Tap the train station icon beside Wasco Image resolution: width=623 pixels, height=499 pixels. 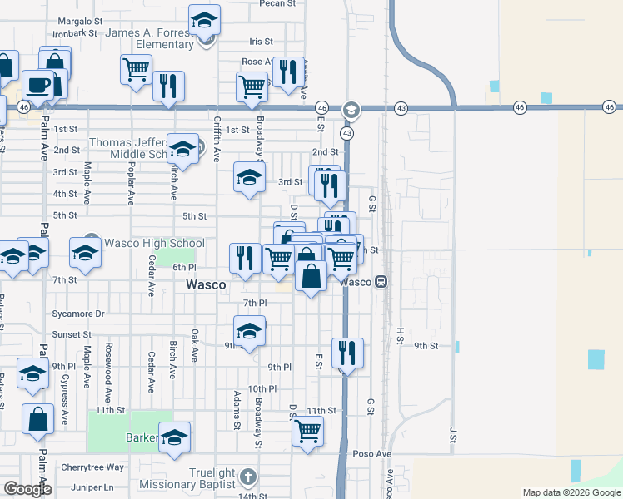click(x=381, y=282)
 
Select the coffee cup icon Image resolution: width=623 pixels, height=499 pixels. click(x=37, y=85)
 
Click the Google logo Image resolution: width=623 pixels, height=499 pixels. click(x=27, y=489)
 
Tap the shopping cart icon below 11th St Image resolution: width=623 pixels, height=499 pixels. click(x=307, y=432)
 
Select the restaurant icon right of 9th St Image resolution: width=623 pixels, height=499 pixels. click(x=346, y=353)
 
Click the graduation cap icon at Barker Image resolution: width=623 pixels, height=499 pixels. click(x=175, y=437)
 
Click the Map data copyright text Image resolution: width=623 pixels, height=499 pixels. click(x=571, y=492)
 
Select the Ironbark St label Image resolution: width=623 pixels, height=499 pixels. click(x=75, y=33)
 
